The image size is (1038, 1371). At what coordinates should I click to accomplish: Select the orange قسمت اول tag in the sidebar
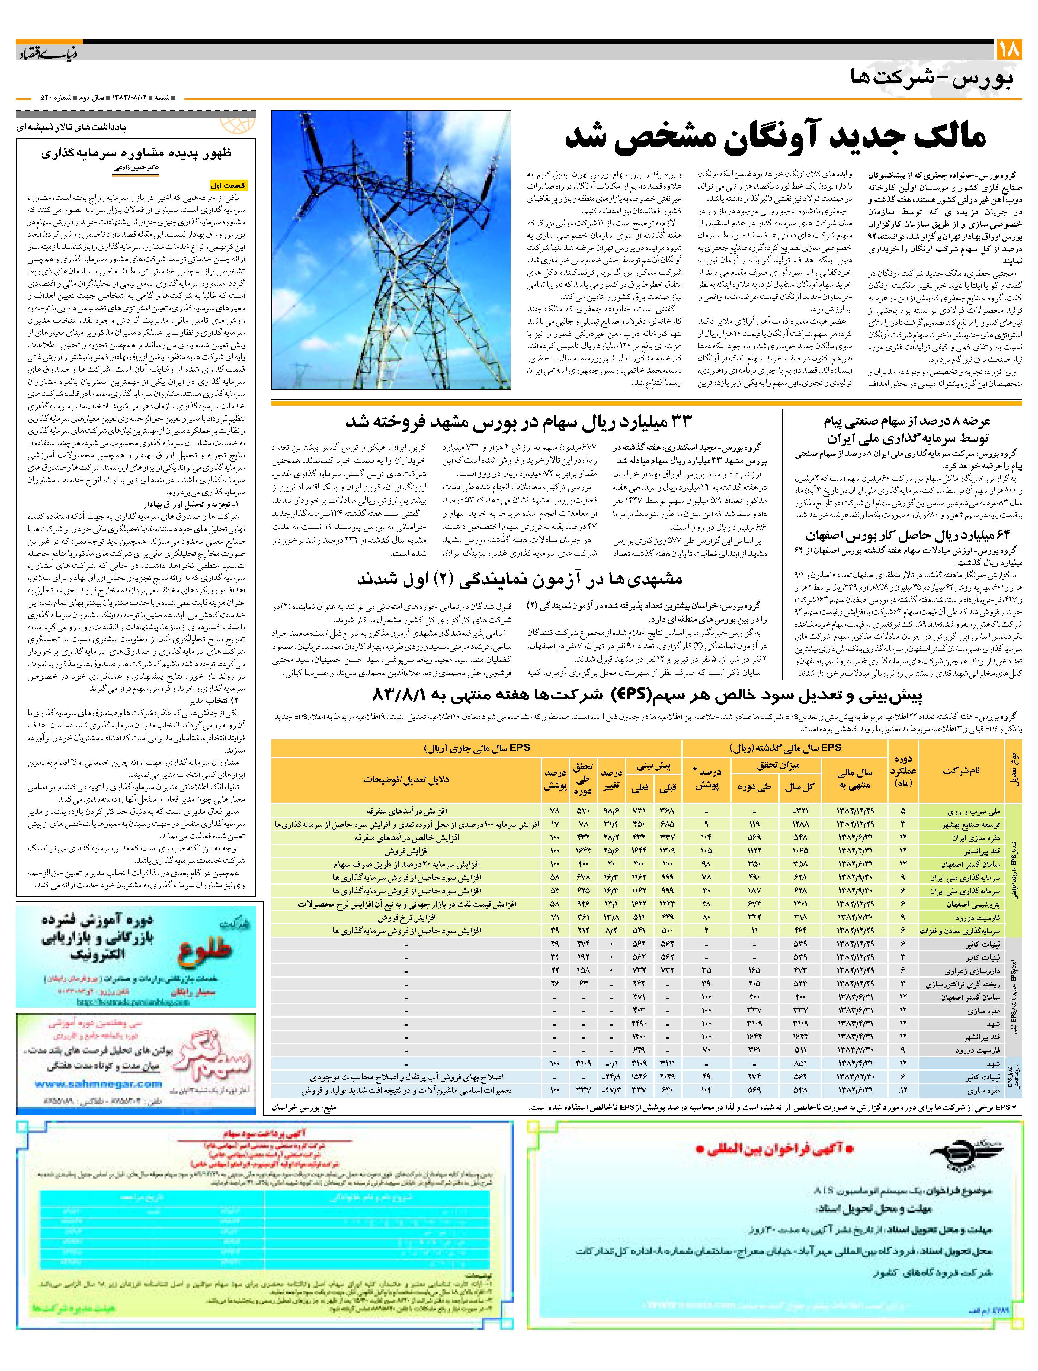point(229,185)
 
